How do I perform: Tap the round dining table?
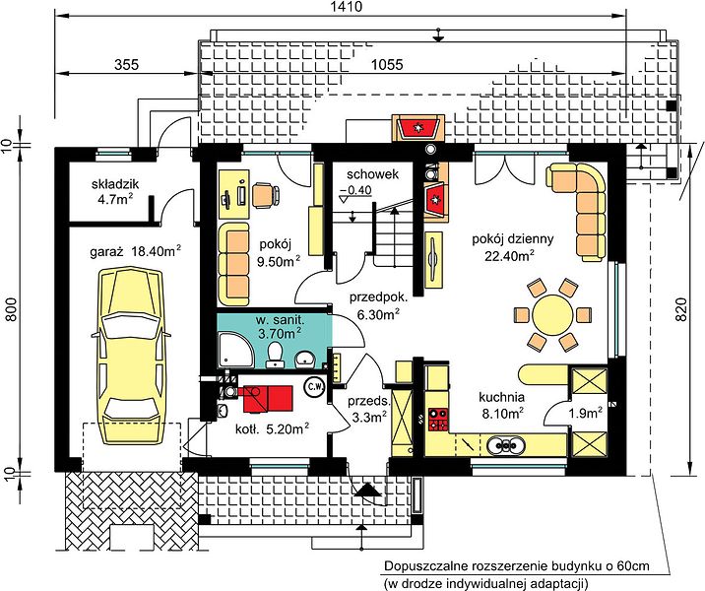pos(552,314)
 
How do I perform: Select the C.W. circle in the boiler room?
pos(314,386)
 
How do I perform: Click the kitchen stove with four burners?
pos(438,419)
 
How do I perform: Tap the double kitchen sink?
pos(506,445)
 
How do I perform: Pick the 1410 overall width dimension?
pos(346,7)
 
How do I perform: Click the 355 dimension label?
pos(126,65)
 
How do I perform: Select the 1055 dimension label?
pos(387,65)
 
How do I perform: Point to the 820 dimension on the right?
pos(681,309)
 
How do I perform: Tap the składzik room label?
pos(115,184)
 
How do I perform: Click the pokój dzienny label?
pos(513,238)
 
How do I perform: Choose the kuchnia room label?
pos(501,398)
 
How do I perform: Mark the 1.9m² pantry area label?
pos(586,413)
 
